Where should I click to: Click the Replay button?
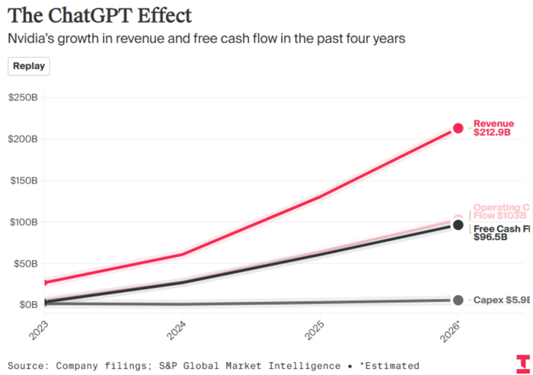(29, 66)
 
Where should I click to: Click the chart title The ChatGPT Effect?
(100, 14)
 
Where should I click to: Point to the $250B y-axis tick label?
(23, 98)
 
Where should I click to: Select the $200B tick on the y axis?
(23, 139)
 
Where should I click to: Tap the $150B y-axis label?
(23, 181)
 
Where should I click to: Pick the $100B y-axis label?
(23, 223)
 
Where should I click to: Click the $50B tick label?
(25, 264)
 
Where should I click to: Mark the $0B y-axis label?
(27, 305)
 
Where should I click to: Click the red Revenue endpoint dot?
(458, 128)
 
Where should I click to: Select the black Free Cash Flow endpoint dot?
(458, 225)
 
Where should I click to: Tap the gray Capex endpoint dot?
(458, 300)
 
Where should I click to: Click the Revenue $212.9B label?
(494, 128)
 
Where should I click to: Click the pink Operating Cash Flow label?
(500, 211)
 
